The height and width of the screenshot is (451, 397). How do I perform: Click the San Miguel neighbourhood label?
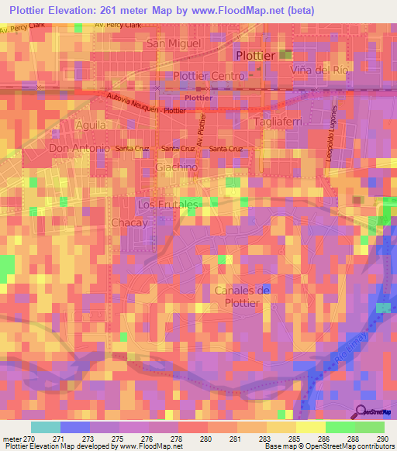pos(173,43)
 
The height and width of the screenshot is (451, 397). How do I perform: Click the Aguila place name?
pos(91,124)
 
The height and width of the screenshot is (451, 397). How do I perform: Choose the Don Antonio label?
pos(76,147)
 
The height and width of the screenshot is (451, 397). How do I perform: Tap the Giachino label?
pos(177,167)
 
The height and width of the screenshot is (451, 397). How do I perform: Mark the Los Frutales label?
pos(163,204)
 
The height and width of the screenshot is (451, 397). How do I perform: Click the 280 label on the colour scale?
pos(207,438)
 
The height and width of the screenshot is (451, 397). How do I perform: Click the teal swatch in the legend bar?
pos(46,427)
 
